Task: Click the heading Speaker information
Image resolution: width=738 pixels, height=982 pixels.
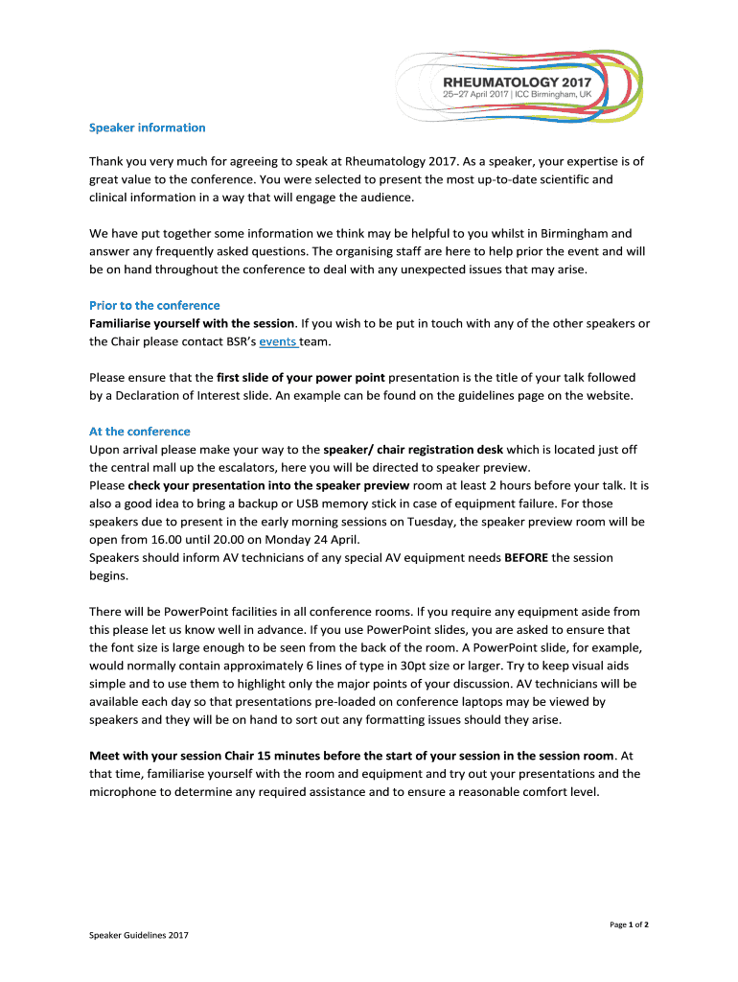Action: pos(147,128)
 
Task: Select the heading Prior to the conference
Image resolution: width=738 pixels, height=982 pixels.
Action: pos(154,305)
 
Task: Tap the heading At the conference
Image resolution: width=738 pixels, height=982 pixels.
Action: pos(140,432)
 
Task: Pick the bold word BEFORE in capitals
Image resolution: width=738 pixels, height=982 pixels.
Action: pos(525,557)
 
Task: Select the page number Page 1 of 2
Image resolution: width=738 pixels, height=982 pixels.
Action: pos(630,924)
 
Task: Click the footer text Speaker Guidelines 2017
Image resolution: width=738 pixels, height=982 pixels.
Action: pos(139,936)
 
